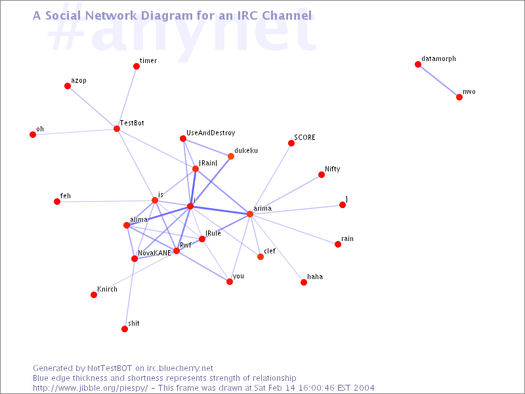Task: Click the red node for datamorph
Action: (x=418, y=64)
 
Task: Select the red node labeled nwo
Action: (x=459, y=97)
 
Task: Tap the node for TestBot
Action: (x=117, y=129)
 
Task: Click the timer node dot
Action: (x=136, y=66)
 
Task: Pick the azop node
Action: (x=68, y=86)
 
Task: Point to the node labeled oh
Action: (x=33, y=135)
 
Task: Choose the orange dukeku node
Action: (x=231, y=156)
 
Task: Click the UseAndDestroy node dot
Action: (x=183, y=139)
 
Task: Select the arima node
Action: (x=250, y=214)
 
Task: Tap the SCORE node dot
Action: (x=291, y=143)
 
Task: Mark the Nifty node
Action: (x=322, y=175)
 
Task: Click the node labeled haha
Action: (x=304, y=282)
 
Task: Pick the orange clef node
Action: (x=261, y=257)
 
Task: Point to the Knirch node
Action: (x=94, y=295)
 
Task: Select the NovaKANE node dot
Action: (x=135, y=259)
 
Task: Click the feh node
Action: (x=57, y=202)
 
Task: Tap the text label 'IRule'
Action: (x=213, y=233)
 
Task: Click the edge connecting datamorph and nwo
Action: (x=438, y=81)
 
